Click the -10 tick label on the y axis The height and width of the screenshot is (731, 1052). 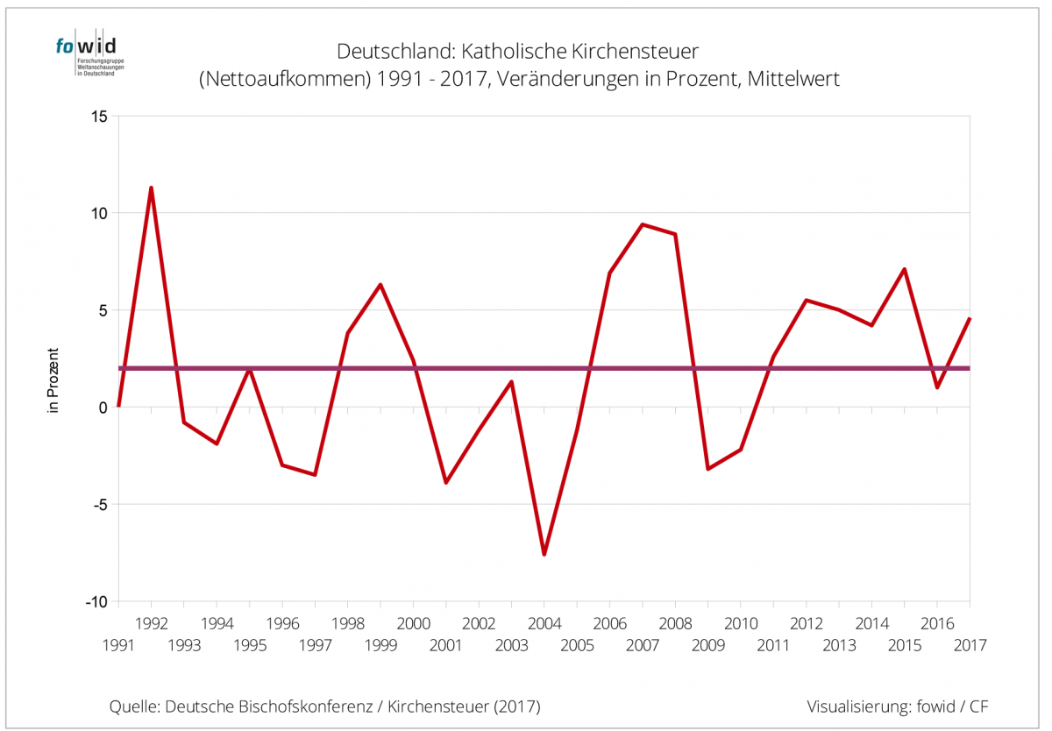click(95, 602)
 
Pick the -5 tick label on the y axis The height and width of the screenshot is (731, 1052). click(98, 505)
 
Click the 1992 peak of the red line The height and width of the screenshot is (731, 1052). click(151, 188)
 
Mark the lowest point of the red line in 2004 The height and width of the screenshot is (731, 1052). click(544, 555)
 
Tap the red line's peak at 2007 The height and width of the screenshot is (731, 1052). click(643, 224)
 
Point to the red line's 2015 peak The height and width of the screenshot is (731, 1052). click(904, 269)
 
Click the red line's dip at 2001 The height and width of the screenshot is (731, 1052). click(446, 483)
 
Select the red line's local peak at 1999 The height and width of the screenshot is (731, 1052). click(380, 284)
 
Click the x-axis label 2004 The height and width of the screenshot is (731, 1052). click(544, 624)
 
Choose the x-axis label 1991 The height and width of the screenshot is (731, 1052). click(118, 645)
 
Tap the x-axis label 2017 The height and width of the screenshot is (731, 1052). click(970, 645)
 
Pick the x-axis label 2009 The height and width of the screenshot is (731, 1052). click(708, 645)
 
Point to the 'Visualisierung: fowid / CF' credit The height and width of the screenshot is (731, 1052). click(899, 706)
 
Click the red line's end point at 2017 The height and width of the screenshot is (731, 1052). click(969, 319)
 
